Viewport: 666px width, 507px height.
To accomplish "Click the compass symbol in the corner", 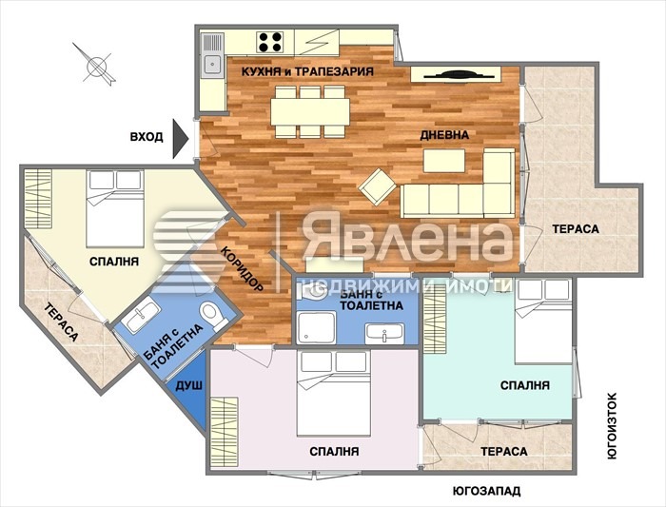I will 97,66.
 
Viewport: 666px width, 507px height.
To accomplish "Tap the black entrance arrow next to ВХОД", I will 182,136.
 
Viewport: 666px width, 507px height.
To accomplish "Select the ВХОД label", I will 147,137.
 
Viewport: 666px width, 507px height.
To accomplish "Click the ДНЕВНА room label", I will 444,135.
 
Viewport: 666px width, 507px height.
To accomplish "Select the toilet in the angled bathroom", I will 210,316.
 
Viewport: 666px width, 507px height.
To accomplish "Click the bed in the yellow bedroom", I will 115,206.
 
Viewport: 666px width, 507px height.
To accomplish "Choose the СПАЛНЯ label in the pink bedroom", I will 334,451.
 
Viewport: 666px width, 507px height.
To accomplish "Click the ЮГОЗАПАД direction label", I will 486,492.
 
